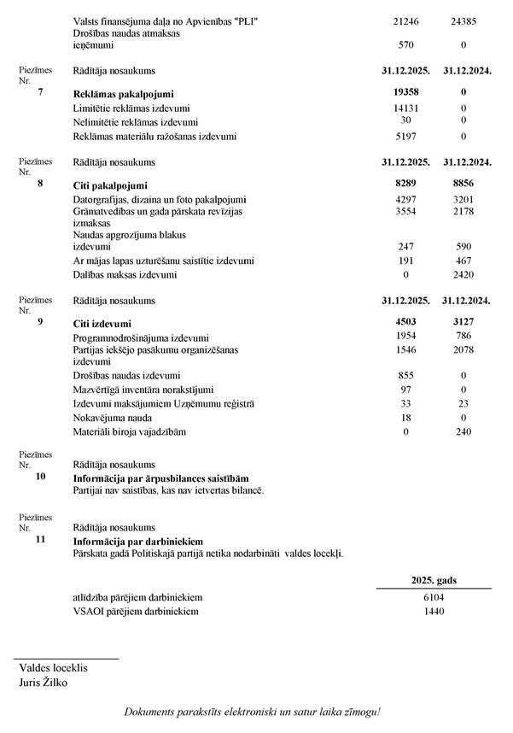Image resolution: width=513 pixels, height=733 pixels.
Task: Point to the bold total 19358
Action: (405, 91)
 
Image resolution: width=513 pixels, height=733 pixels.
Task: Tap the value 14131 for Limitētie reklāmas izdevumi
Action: (405, 108)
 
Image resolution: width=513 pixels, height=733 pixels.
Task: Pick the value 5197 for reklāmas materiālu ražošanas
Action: (405, 136)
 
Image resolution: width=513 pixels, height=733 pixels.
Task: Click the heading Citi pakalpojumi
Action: (111, 185)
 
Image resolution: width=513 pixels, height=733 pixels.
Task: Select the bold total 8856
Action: (464, 184)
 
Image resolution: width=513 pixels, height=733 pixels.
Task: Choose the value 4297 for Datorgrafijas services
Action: (405, 201)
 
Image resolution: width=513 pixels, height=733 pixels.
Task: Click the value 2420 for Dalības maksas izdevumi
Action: (464, 274)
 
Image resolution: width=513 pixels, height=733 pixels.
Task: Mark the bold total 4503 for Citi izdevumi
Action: (405, 322)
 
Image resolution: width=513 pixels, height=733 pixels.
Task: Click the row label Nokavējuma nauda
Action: (114, 418)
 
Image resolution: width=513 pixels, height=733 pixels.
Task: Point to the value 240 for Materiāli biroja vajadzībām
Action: (464, 431)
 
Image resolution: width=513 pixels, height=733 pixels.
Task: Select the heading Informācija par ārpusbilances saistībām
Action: (166, 478)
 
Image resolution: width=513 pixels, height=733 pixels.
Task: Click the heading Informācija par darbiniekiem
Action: (137, 541)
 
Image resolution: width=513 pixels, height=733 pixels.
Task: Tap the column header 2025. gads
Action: (434, 580)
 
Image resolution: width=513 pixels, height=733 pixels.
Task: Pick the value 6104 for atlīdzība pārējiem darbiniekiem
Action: (434, 597)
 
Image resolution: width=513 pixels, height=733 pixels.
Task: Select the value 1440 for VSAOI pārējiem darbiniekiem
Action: (434, 612)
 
